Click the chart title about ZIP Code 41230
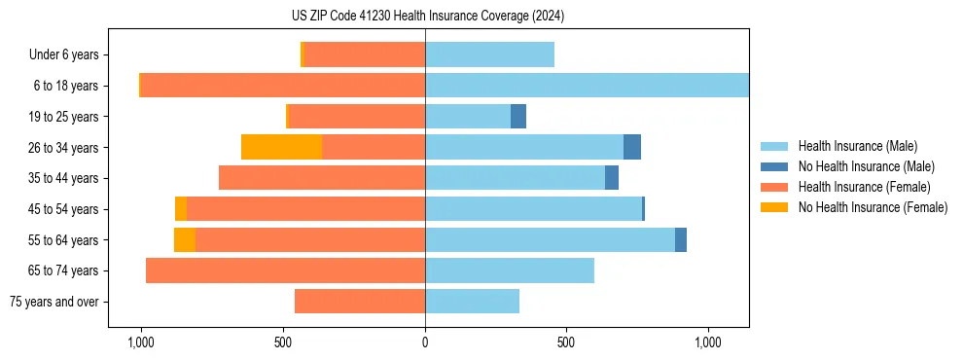(x=427, y=17)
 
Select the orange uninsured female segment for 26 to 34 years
(x=281, y=147)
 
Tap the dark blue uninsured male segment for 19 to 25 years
(x=518, y=116)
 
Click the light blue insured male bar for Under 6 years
(x=489, y=54)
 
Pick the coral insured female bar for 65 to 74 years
(x=285, y=270)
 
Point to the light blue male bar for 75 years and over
(x=472, y=302)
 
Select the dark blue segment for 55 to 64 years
(x=681, y=239)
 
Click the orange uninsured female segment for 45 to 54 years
(x=181, y=209)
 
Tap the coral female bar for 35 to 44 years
(x=322, y=178)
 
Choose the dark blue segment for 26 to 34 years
(x=632, y=147)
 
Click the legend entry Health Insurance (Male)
(x=857, y=146)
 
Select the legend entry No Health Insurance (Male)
(x=865, y=166)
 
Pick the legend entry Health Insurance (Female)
(x=864, y=187)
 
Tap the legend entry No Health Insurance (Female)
(x=872, y=207)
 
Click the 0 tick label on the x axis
(x=425, y=342)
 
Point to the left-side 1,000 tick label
(x=141, y=342)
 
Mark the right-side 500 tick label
(x=566, y=342)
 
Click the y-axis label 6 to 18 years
(x=65, y=86)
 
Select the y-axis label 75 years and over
(x=53, y=302)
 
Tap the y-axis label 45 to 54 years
(x=62, y=209)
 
